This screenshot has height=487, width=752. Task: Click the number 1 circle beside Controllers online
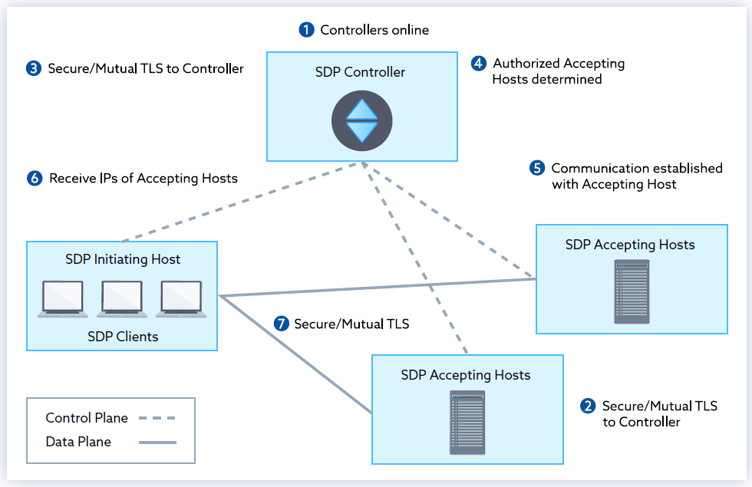point(306,30)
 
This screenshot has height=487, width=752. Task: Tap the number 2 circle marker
point(588,406)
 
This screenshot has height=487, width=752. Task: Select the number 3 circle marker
point(33,68)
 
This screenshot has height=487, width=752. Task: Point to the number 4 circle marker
point(479,63)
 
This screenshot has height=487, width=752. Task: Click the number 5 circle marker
point(537,167)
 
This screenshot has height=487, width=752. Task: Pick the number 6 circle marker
point(34,178)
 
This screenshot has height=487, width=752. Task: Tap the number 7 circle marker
point(281,324)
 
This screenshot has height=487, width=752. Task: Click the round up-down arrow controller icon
point(361,121)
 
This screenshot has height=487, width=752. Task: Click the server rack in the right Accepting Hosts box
point(631,292)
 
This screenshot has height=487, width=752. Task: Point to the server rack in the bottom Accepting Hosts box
point(467,423)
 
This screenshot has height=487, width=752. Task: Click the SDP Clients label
point(123,336)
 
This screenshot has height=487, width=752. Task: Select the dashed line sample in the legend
point(157,418)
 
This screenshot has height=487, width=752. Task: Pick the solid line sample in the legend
point(157,442)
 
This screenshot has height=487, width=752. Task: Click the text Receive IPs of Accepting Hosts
point(143,178)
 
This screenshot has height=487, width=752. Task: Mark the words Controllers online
point(374,30)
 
